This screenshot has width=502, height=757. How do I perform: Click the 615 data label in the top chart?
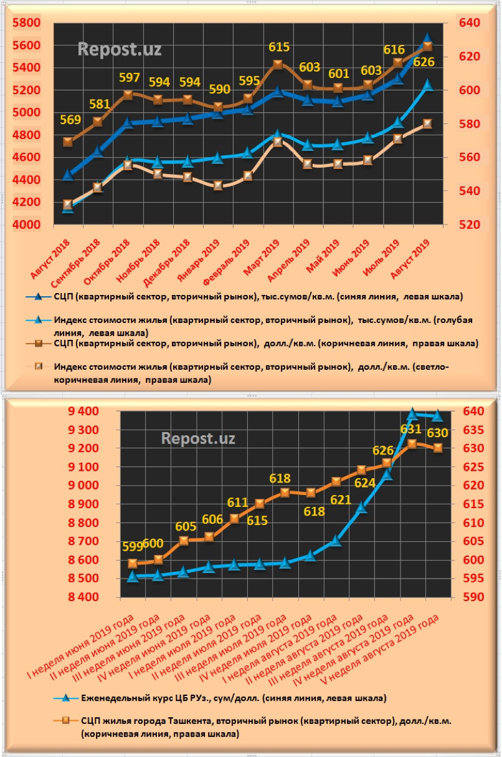tap(279, 47)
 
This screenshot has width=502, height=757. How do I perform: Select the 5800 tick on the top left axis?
tap(26, 23)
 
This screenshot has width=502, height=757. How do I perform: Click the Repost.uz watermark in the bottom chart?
tap(198, 438)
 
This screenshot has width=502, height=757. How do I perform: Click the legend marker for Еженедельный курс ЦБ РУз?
tap(61, 698)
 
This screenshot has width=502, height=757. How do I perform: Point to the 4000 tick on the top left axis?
tap(26, 225)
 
